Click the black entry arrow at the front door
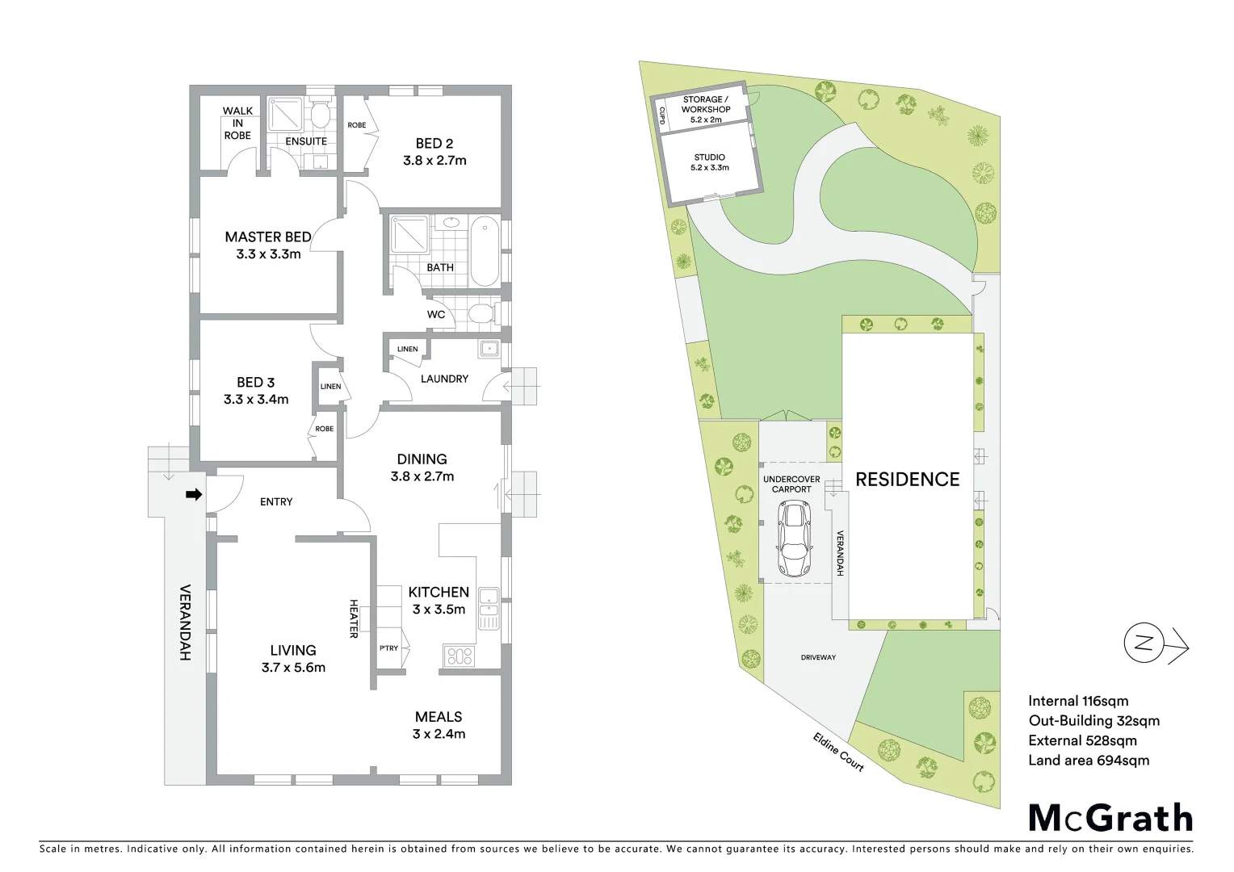(194, 494)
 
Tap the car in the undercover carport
(793, 539)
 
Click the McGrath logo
(1110, 818)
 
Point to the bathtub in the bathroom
(485, 250)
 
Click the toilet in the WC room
(482, 313)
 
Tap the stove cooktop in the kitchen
(459, 656)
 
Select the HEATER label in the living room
(353, 618)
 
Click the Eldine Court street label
(839, 752)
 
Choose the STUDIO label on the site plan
(710, 157)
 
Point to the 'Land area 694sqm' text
(1089, 761)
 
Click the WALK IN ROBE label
(237, 123)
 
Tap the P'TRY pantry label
(388, 648)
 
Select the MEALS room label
(439, 717)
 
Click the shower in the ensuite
(285, 115)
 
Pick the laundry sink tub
(489, 350)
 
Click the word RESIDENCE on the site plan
(908, 480)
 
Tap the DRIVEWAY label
(818, 657)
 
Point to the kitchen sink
(488, 598)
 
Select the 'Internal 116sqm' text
(1078, 701)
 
